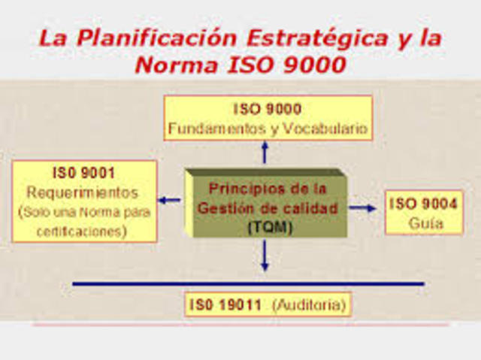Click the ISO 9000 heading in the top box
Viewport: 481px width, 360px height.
(x=268, y=109)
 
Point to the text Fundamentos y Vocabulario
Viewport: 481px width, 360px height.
(x=268, y=129)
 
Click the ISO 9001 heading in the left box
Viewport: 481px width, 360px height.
(x=83, y=172)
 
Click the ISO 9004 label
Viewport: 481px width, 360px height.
(x=424, y=203)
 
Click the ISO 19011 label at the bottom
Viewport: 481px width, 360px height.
(x=225, y=305)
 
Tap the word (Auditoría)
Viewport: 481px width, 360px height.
(x=309, y=305)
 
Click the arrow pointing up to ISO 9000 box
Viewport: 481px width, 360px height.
(x=264, y=153)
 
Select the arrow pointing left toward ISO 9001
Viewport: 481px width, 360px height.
(x=170, y=200)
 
